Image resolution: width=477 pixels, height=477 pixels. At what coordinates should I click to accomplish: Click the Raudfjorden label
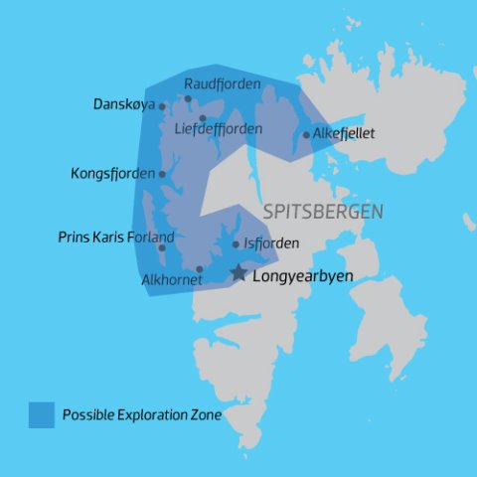pos(222,84)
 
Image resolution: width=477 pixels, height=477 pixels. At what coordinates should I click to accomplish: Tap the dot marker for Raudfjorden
pos(188,97)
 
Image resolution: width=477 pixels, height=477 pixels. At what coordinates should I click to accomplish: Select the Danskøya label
pos(124,104)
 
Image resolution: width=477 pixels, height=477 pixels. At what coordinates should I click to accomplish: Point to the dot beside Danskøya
pos(163,106)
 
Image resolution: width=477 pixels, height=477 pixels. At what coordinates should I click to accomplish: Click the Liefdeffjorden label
pos(218,129)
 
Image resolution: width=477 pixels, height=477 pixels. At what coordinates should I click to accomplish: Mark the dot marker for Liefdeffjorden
pos(202,118)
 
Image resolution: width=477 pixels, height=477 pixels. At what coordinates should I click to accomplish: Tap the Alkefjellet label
pos(343,134)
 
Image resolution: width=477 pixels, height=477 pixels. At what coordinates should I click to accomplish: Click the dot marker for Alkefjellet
pos(306,135)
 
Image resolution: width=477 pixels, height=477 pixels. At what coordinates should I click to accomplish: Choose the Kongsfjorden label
pos(113,174)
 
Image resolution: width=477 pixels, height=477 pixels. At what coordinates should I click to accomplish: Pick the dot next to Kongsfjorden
pos(162,174)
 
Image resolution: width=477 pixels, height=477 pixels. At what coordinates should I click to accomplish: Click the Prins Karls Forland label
pos(116,238)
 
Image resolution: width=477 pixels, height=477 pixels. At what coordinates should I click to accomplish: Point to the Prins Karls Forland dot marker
pos(161,247)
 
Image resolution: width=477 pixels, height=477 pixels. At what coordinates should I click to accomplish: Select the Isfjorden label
pos(271,243)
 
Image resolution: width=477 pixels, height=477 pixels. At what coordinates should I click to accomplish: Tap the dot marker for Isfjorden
pos(236,243)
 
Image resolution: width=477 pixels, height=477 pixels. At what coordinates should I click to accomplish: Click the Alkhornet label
pos(172,280)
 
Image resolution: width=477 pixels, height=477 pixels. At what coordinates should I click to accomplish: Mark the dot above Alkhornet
pos(200,268)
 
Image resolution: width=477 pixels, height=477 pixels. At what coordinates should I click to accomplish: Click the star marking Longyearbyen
pos(238,272)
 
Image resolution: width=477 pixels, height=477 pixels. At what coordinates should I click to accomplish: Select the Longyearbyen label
pos(303,275)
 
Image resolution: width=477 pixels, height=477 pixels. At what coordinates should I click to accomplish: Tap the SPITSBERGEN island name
pos(324,213)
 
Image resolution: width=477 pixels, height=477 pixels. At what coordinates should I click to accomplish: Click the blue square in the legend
pos(42,414)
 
